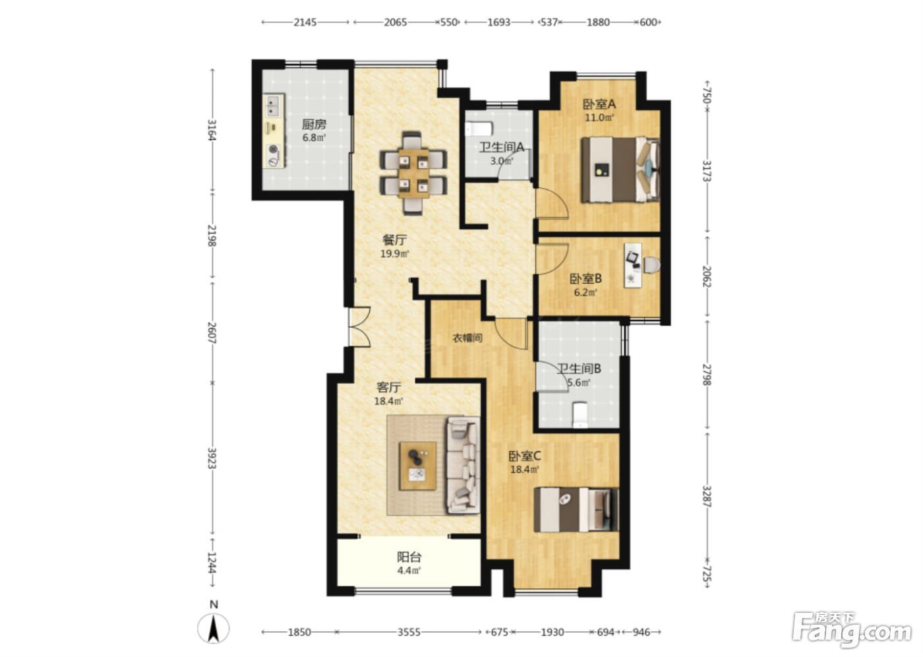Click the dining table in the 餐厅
413,173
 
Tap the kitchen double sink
274,106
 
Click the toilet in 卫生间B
580,415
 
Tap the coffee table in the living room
418,466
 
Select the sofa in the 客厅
463,465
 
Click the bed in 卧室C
576,510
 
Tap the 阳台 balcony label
409,557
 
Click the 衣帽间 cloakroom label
467,338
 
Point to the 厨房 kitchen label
314,124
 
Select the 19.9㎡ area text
395,253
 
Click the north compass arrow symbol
214,629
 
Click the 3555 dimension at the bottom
409,632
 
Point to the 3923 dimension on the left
212,458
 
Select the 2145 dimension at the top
305,22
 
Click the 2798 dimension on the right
707,375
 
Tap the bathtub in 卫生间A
479,128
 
